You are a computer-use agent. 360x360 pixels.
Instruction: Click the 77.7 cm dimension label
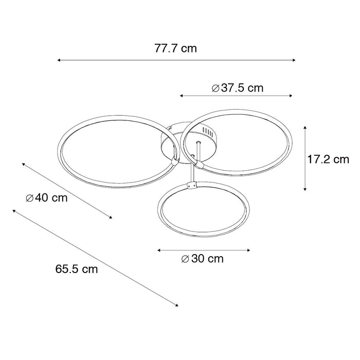tap(176, 49)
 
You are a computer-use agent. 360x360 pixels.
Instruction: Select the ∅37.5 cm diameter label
tap(238, 88)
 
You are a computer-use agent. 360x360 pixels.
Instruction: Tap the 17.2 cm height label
tap(328, 159)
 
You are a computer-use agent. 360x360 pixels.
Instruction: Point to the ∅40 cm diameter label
tap(46, 198)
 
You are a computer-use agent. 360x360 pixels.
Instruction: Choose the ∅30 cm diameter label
tap(203, 259)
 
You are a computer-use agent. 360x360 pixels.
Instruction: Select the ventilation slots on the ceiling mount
tap(209, 131)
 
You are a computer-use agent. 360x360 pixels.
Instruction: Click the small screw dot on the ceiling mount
tap(199, 141)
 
